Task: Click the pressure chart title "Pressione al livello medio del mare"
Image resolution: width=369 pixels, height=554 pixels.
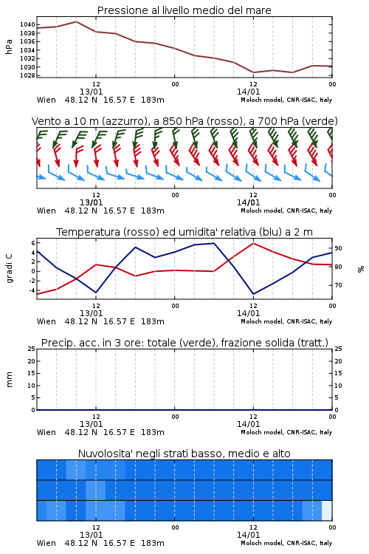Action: pos(184,10)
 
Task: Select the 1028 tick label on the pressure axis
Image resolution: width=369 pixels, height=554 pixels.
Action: pos(27,75)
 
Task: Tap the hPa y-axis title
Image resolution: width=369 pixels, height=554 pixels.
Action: pos(9,47)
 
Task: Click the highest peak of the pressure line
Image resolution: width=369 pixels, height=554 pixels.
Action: pos(76,21)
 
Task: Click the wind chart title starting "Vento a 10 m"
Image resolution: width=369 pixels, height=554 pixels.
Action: pos(184,121)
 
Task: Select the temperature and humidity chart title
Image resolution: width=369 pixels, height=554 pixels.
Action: pos(184,232)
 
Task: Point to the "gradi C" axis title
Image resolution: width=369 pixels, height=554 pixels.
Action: pos(9,268)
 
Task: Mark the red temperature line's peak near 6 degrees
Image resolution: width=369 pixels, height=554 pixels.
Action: pos(253,243)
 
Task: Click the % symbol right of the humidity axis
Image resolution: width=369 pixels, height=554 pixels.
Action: pos(361,269)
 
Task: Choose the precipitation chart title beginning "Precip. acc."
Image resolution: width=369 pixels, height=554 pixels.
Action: pos(184,343)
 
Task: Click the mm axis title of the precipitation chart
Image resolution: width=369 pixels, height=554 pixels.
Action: pos(9,380)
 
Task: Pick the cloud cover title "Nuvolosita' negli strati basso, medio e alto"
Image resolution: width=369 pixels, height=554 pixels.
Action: pos(184,454)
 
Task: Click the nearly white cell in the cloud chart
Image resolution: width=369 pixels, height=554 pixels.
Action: pos(327,510)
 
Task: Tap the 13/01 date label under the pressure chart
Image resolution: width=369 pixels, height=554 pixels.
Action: pos(91,92)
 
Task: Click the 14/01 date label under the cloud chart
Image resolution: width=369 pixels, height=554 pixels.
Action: pos(248,535)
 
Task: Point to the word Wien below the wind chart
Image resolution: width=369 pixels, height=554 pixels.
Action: pos(46,211)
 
